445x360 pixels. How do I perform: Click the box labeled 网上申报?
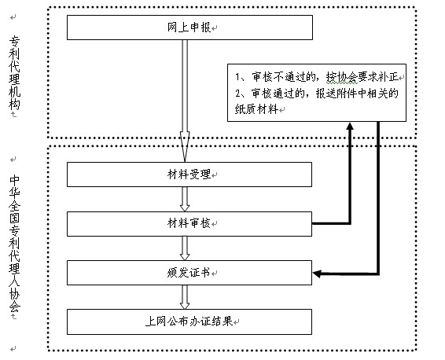click(189, 28)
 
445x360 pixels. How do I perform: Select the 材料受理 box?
click(189, 174)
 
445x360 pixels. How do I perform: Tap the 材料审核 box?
click(189, 224)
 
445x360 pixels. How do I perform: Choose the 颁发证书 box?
click(189, 273)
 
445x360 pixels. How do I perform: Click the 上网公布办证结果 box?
click(189, 321)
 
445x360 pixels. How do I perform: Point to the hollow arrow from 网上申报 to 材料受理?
click(185, 101)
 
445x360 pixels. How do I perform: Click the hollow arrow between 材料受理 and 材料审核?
click(185, 199)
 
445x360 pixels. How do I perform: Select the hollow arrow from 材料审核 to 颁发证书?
click(185, 248)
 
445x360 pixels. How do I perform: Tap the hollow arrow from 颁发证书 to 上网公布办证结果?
click(185, 297)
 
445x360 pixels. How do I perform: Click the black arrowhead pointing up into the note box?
click(350, 127)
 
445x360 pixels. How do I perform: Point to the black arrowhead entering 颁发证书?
click(317, 274)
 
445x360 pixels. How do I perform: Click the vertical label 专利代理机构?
click(14, 73)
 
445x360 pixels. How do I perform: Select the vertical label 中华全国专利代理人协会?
click(14, 244)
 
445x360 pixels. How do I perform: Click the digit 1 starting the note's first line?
click(237, 77)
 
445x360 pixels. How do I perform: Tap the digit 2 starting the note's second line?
click(237, 94)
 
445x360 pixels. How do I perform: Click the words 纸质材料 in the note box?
click(256, 109)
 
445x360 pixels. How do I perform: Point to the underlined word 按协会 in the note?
click(342, 77)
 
